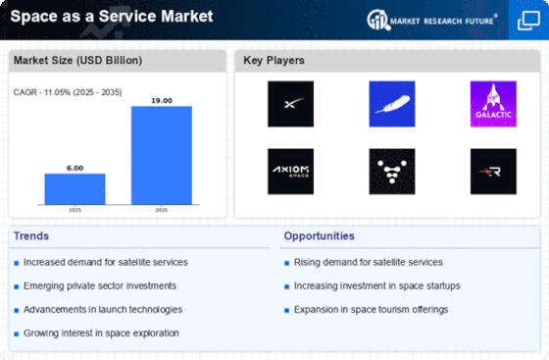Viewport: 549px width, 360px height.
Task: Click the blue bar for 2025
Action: (75, 188)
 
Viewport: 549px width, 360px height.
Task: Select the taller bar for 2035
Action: (162, 155)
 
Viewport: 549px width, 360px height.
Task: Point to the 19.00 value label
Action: (162, 101)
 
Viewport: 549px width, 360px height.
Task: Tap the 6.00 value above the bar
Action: (75, 168)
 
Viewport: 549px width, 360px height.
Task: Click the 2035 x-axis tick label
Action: (162, 210)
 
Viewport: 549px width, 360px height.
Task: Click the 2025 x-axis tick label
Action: (75, 210)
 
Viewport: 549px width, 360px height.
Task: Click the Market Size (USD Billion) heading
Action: (77, 60)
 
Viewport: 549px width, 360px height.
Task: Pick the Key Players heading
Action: (274, 60)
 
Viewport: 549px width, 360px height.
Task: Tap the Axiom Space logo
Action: (290, 172)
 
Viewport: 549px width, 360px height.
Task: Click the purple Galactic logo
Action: (493, 104)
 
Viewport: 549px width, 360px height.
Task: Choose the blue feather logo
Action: (392, 104)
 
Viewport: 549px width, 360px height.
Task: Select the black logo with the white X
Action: (290, 104)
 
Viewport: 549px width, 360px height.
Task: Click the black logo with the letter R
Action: (493, 172)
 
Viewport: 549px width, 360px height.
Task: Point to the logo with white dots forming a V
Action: (392, 172)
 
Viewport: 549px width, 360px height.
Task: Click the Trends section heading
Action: (31, 236)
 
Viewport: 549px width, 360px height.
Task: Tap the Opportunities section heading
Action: (319, 236)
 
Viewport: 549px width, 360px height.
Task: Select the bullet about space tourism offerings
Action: (371, 310)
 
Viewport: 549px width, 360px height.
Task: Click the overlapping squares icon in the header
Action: (528, 21)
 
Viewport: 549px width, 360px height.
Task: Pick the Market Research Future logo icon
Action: (378, 20)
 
